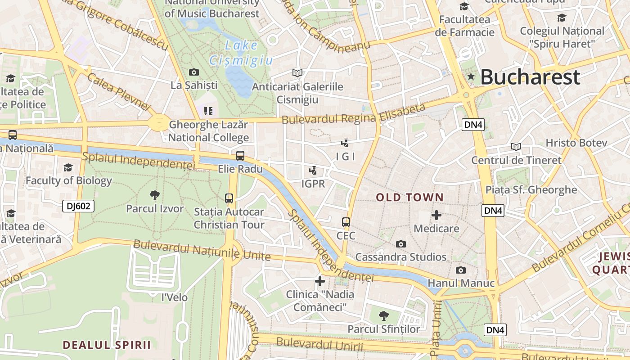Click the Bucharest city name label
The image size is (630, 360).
click(530, 77)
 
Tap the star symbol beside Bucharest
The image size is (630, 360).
click(471, 76)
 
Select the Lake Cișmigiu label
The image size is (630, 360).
click(241, 53)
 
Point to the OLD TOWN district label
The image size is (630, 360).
click(409, 197)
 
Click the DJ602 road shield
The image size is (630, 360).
click(78, 206)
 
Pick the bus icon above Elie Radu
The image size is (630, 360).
click(240, 156)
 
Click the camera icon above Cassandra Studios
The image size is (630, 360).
click(400, 244)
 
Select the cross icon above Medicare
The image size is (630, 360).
click(436, 215)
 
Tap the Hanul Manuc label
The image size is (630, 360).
click(461, 283)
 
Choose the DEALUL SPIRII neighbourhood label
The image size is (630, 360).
click(107, 345)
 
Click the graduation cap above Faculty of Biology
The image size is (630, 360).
click(68, 167)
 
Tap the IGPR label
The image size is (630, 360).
click(313, 184)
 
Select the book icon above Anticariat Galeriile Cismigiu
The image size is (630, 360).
click(297, 73)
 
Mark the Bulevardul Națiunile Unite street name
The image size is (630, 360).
click(202, 251)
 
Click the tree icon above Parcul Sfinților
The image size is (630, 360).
click(383, 315)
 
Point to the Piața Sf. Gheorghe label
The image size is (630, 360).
click(531, 189)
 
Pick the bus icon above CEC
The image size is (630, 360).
click(346, 222)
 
